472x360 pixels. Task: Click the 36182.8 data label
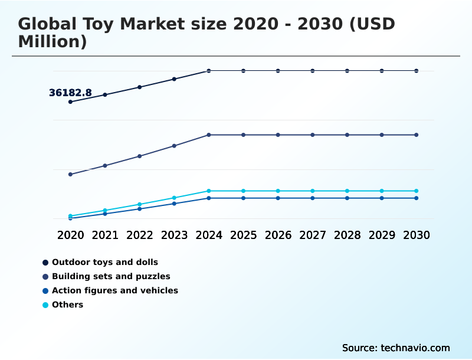(x=70, y=93)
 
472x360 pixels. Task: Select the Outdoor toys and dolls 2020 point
(x=70, y=102)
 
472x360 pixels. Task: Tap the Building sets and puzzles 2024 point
(x=209, y=135)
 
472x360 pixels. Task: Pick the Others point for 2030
(x=417, y=191)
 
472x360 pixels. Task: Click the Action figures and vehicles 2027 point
(x=313, y=198)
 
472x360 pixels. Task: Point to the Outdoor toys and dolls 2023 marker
(x=174, y=78)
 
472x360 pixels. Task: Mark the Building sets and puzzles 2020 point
(x=70, y=174)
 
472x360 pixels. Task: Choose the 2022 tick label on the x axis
(x=140, y=235)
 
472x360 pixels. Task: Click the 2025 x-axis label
(x=244, y=235)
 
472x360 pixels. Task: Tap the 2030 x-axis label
(x=417, y=235)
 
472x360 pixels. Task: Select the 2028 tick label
(x=348, y=235)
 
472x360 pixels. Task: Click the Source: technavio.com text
(x=396, y=348)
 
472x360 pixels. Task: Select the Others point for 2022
(x=140, y=204)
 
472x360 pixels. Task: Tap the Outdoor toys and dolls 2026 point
(x=278, y=71)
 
